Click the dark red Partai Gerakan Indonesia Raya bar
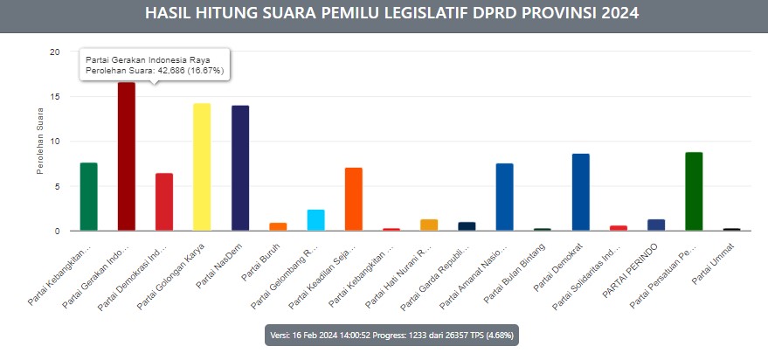click(x=126, y=157)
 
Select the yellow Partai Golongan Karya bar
click(x=202, y=167)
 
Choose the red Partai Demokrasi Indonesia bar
click(x=164, y=202)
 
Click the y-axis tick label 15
click(x=54, y=97)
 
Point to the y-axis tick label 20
click(x=54, y=52)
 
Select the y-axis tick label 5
click(x=57, y=186)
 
